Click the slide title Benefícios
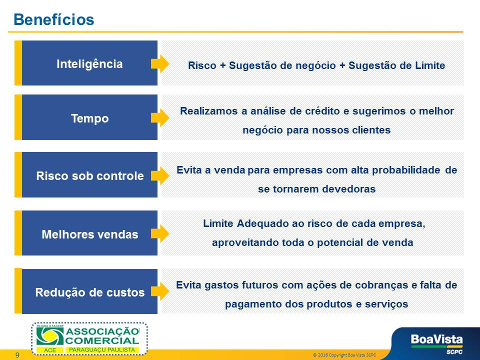[54, 19]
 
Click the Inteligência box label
[89, 64]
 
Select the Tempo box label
[89, 118]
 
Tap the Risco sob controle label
[89, 175]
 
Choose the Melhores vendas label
[89, 234]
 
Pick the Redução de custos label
[89, 292]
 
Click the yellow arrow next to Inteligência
[160, 63]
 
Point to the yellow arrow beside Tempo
[160, 118]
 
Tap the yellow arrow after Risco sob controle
[160, 175]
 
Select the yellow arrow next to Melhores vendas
[160, 233]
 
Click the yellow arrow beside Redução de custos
[160, 291]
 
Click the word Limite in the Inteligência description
[430, 65]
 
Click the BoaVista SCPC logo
[436, 343]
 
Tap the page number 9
[17, 355]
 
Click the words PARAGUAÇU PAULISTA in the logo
[102, 349]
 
